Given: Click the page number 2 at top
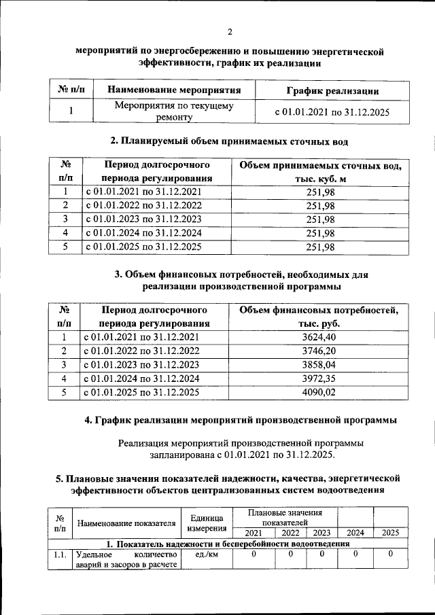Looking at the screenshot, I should tap(230, 32).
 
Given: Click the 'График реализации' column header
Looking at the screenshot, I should tap(332, 90).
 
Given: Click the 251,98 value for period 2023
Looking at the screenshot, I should tap(320, 219).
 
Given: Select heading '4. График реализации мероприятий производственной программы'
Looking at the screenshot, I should tap(241, 421).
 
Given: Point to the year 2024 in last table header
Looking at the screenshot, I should tap(355, 533).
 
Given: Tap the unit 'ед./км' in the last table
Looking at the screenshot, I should tap(206, 555).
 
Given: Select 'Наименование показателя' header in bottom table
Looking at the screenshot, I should tap(126, 523).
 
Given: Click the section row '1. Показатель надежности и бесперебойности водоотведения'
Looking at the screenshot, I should tap(228, 544).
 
